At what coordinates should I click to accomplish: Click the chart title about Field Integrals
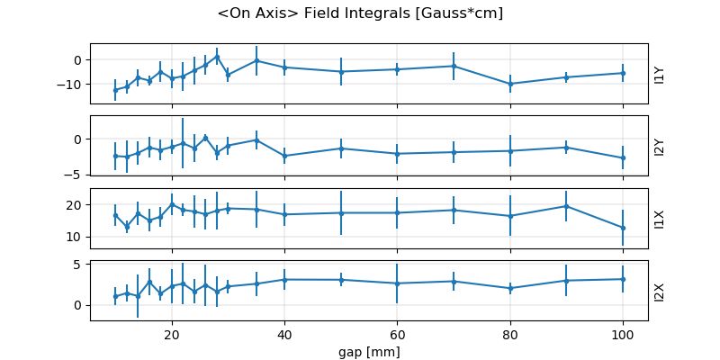[x=360, y=13]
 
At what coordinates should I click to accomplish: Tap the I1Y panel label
[x=660, y=74]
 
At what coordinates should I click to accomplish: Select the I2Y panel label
[x=660, y=146]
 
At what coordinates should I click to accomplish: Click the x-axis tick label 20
[x=172, y=334]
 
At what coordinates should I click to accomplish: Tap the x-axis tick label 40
[x=284, y=334]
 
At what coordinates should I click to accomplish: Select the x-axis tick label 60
[x=397, y=334]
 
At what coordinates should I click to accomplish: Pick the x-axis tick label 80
[x=510, y=334]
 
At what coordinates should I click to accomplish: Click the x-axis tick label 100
[x=623, y=334]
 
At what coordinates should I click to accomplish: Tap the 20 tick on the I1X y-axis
[x=76, y=205]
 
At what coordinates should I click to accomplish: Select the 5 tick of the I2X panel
[x=78, y=265]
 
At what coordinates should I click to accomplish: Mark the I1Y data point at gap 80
[x=510, y=84]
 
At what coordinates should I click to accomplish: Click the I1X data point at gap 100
[x=623, y=228]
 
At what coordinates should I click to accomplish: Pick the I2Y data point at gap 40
[x=284, y=156]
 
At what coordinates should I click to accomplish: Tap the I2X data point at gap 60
[x=397, y=283]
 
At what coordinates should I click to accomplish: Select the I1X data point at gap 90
[x=566, y=206]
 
